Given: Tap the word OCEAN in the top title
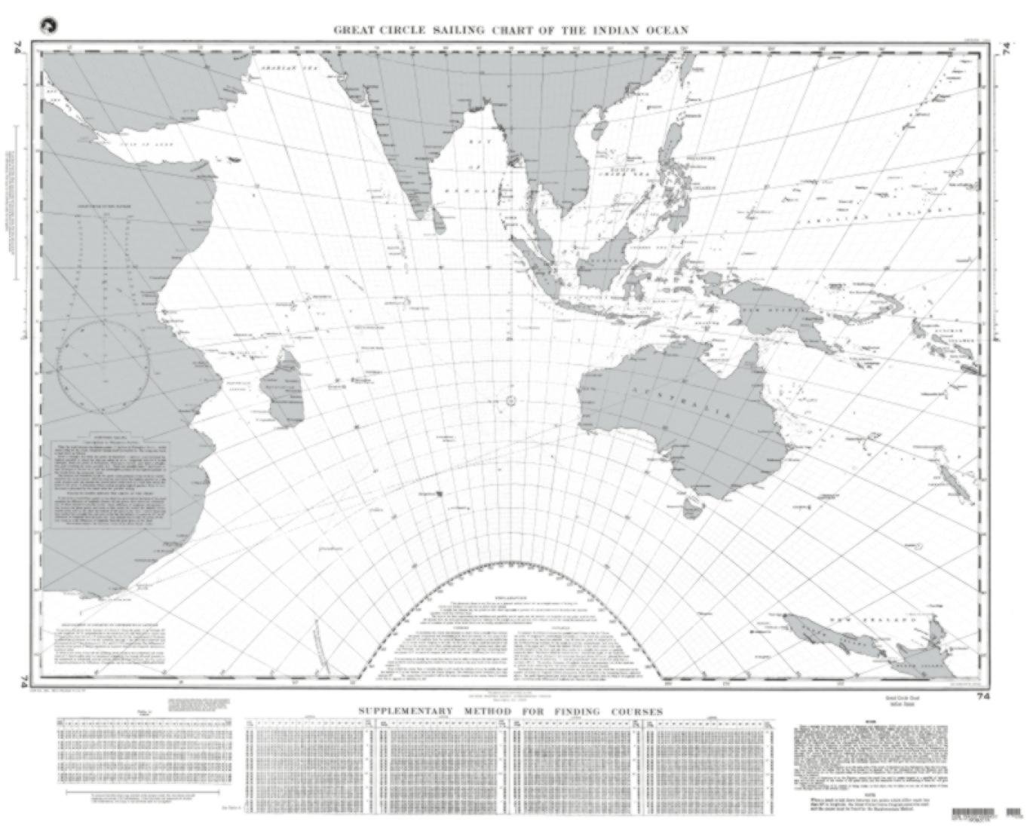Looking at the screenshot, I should coord(664,30).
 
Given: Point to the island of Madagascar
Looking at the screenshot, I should coord(280,387).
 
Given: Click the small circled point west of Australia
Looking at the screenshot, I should coord(510,402).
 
